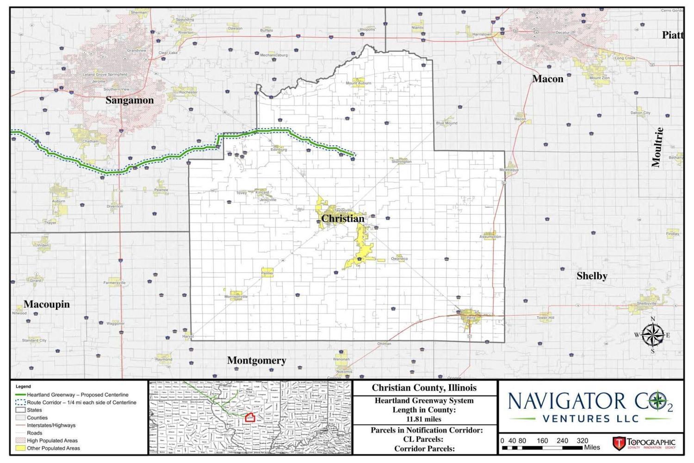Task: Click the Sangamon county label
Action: click(130, 100)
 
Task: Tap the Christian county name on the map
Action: click(343, 219)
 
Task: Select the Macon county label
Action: click(548, 79)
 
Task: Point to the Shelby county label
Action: click(592, 276)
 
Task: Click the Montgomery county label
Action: click(256, 360)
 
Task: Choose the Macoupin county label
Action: click(47, 304)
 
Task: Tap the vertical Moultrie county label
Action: click(657, 147)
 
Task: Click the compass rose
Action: click(653, 335)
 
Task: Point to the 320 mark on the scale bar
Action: click(582, 441)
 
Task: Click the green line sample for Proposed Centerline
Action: click(20, 395)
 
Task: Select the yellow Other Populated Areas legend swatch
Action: click(20, 448)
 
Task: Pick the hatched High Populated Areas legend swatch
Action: click(20, 441)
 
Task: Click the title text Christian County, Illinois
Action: click(424, 388)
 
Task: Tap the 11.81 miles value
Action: click(424, 419)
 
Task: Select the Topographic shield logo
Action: click(619, 443)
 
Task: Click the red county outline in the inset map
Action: click(250, 418)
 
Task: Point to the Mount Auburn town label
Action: click(359, 83)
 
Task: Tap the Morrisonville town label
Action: click(236, 296)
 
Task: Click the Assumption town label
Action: click(490, 237)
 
